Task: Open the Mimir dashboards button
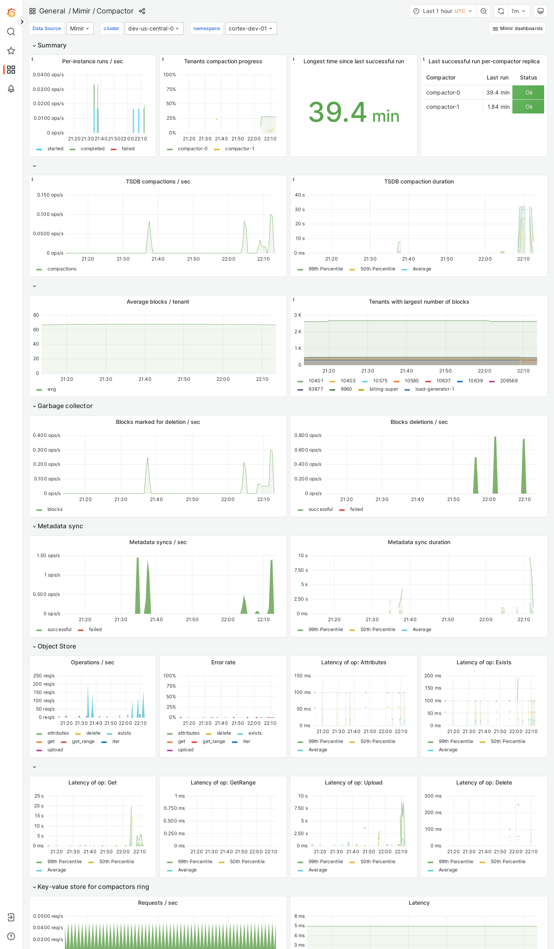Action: point(517,28)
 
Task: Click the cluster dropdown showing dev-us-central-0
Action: point(154,28)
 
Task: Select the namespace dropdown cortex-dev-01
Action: point(250,28)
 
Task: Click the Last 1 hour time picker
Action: point(443,11)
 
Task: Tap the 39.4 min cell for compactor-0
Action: point(497,93)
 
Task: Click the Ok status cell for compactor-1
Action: point(528,107)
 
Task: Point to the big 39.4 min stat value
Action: point(353,113)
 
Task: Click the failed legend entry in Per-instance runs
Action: point(128,149)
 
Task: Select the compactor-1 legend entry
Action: point(239,149)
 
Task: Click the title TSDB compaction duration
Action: point(419,181)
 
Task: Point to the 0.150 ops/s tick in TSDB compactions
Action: point(50,195)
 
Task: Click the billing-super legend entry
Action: point(383,389)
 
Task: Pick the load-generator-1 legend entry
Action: point(434,389)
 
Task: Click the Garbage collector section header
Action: point(65,406)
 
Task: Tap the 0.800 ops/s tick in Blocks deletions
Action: point(307,435)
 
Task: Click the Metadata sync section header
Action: point(60,526)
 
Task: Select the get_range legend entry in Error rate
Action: point(213,741)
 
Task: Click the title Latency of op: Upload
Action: point(353,783)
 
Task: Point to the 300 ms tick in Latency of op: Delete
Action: point(433,796)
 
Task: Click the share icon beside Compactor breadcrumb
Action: point(142,11)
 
